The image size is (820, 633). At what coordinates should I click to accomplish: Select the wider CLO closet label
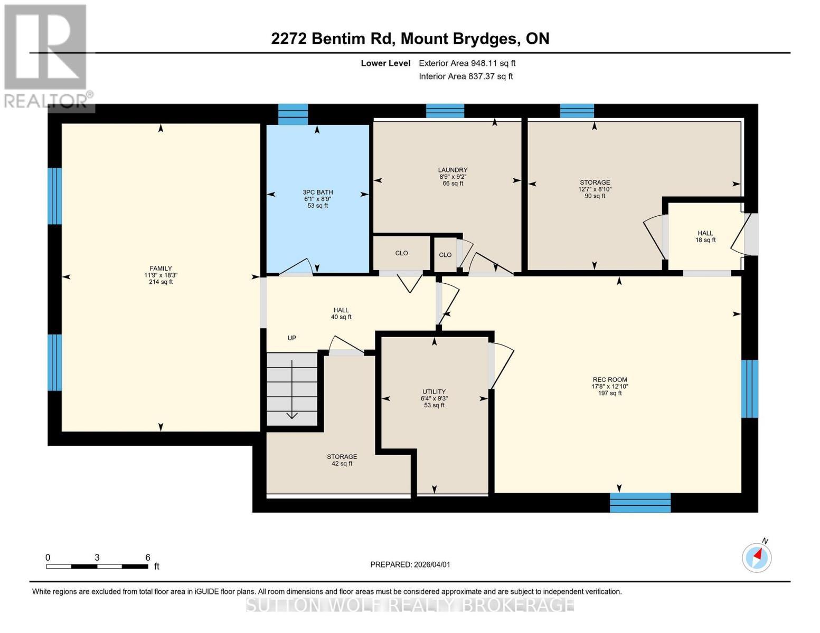coord(401,253)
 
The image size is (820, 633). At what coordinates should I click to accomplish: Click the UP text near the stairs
coord(292,338)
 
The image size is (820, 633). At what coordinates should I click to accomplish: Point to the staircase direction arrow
coord(292,390)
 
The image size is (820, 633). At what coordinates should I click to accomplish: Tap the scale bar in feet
coord(97,566)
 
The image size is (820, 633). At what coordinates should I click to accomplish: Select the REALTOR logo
coord(46,55)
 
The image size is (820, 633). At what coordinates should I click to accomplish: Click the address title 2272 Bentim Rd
coord(410,39)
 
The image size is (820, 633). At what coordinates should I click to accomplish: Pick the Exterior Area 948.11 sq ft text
coord(467,63)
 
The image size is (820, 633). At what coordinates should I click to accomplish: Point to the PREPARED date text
coord(410,564)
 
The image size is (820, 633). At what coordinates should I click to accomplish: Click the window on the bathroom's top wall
coord(293,114)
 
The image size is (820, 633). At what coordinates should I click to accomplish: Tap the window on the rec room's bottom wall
coord(640,502)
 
